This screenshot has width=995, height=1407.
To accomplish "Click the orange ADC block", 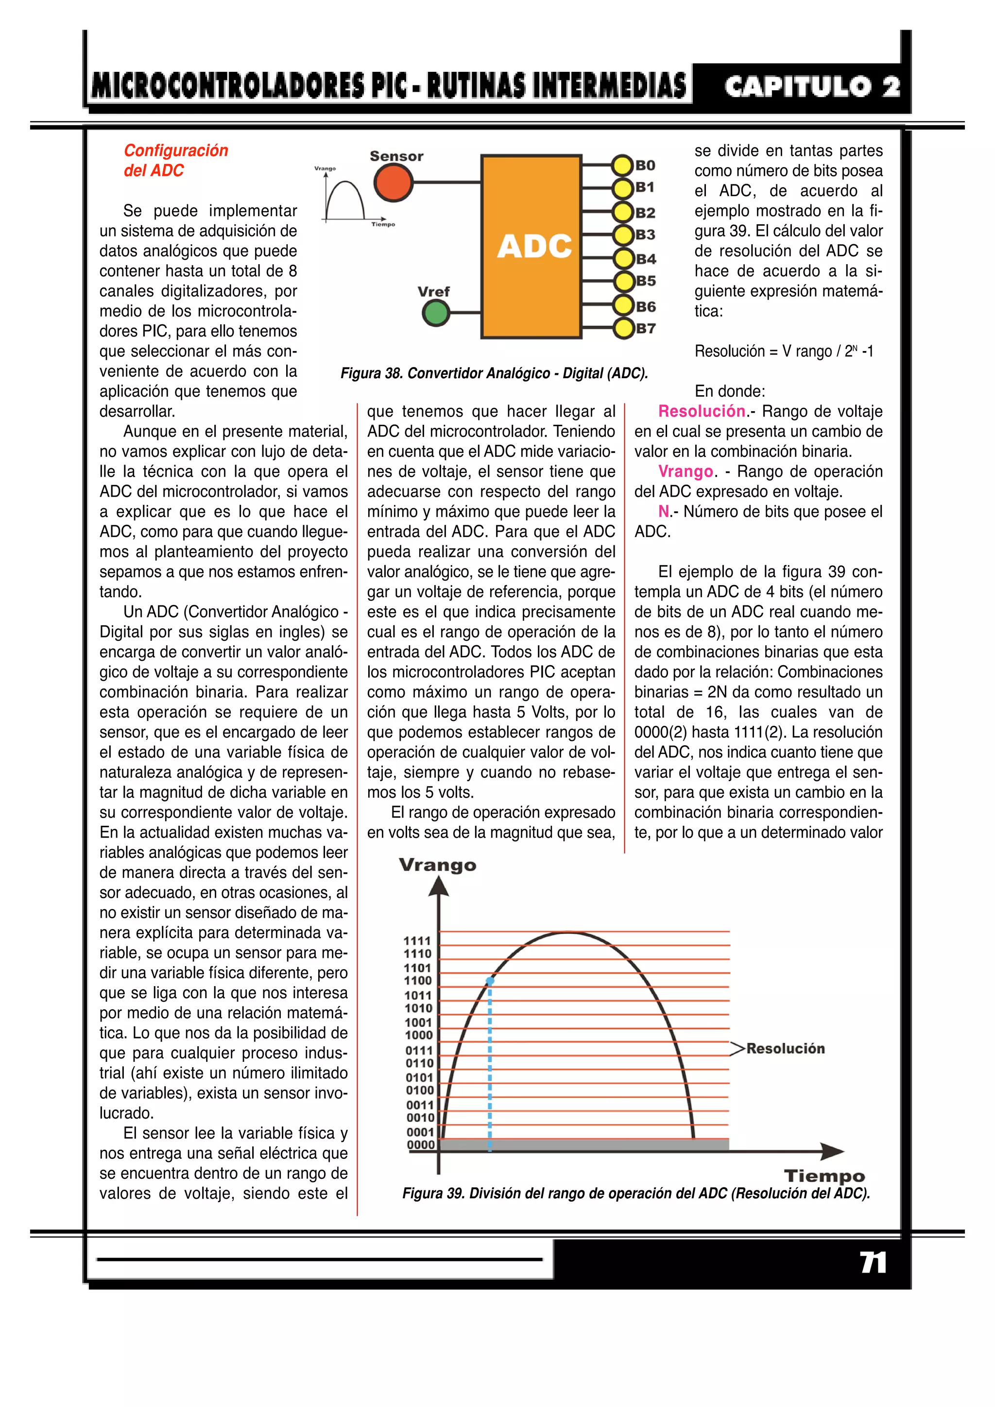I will (x=531, y=246).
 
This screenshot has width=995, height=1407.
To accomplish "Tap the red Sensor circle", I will (x=393, y=182).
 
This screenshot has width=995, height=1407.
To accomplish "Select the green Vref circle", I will (x=436, y=313).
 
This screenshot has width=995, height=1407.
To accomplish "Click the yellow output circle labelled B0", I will (x=622, y=166).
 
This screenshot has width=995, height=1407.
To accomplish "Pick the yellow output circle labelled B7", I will (x=623, y=329).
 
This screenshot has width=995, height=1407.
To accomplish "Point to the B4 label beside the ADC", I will (x=646, y=259).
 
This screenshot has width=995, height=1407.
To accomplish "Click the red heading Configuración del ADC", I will (x=175, y=161).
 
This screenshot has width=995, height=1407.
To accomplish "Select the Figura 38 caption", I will (x=494, y=373).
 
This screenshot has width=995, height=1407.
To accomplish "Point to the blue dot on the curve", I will (x=490, y=981).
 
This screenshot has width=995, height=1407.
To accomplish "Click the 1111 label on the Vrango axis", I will (x=417, y=940).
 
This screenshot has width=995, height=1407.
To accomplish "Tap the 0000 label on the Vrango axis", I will (x=421, y=1145).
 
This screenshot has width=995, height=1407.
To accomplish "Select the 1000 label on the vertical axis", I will (x=419, y=1035).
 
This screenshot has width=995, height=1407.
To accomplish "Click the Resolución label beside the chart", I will (x=785, y=1049).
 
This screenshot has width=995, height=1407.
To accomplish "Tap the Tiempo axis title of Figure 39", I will (x=824, y=1176).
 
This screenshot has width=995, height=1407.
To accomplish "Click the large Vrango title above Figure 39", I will (x=437, y=865).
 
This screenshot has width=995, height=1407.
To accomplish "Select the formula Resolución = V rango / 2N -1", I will (x=784, y=352).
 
